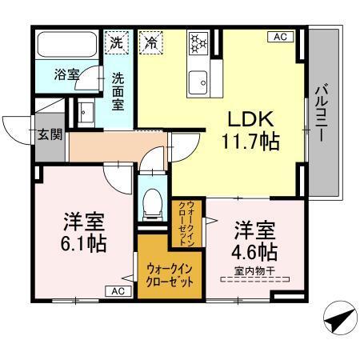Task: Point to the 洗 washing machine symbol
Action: (x=117, y=41)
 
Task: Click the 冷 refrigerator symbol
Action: (x=150, y=42)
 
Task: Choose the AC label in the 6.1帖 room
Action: (x=118, y=291)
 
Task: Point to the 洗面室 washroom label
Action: (x=118, y=91)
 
